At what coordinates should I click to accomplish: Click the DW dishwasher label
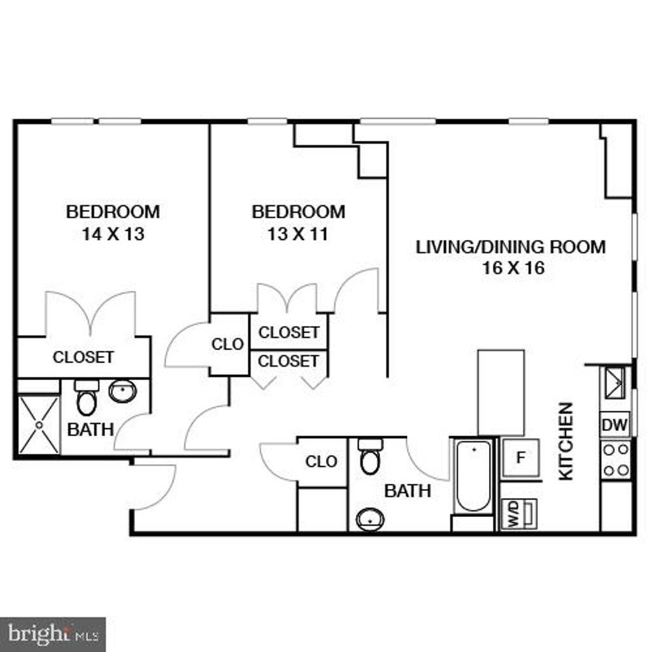tap(614, 424)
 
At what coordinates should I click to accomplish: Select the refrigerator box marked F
tap(520, 457)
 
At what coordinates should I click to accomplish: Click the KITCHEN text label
tap(565, 441)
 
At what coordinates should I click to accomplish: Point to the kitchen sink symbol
tap(614, 381)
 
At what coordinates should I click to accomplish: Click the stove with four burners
tap(615, 460)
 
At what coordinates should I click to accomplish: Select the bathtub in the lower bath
tap(474, 476)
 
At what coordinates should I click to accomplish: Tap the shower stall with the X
tap(39, 425)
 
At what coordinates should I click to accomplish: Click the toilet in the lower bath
tap(369, 457)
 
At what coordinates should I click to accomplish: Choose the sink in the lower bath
tap(369, 519)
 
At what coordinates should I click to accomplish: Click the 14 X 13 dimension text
tap(113, 234)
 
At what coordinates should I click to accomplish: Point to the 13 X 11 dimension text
tap(298, 234)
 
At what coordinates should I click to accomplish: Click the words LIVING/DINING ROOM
tap(511, 247)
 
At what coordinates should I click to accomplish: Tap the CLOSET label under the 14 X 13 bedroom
tap(83, 357)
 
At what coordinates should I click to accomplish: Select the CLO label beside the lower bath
tap(321, 462)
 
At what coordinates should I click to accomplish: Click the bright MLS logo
tap(53, 634)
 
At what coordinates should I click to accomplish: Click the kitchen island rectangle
tap(501, 392)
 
